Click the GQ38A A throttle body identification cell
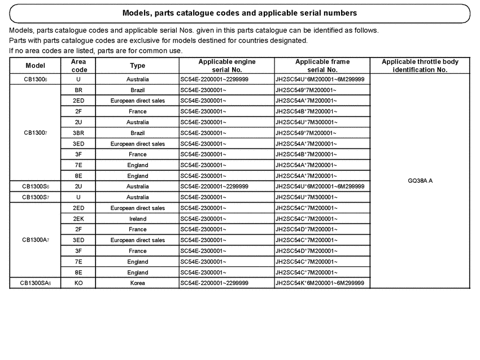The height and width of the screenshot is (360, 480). tap(420, 181)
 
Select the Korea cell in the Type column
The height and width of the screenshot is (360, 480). tap(137, 283)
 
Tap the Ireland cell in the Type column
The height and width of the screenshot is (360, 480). tap(137, 219)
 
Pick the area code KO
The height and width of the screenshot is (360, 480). tap(78, 283)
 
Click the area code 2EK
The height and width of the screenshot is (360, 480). tap(78, 219)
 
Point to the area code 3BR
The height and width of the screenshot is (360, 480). tap(78, 133)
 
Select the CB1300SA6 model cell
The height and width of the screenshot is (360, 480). tap(36, 283)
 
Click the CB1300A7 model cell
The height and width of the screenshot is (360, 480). tap(36, 240)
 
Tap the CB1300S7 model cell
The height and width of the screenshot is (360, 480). tap(36, 197)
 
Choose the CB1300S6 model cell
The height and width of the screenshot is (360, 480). tap(36, 187)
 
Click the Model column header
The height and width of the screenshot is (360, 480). tap(36, 66)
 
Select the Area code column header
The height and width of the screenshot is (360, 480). tap(79, 66)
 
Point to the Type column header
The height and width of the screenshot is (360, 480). tap(137, 66)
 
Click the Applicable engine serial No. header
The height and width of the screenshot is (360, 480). tap(226, 66)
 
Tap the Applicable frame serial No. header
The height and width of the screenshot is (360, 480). tap(322, 66)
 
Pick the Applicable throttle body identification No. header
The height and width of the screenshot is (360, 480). tap(420, 66)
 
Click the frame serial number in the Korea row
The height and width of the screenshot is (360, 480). tap(320, 283)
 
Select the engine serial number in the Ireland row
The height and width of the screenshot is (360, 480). tap(203, 219)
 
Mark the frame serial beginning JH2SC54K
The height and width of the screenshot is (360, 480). tap(320, 283)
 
